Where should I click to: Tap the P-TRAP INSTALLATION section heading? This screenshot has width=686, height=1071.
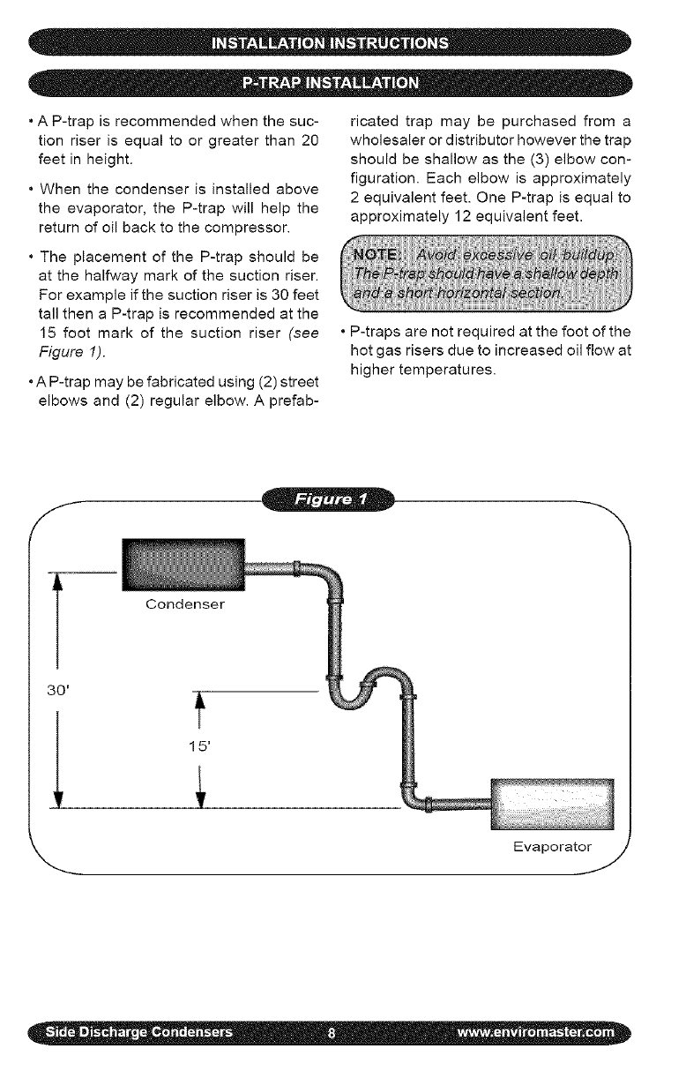(x=343, y=84)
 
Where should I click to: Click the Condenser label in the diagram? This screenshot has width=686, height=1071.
(x=185, y=604)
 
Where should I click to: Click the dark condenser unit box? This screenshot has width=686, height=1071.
(x=183, y=565)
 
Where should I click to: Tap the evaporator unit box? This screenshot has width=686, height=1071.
(x=551, y=805)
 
